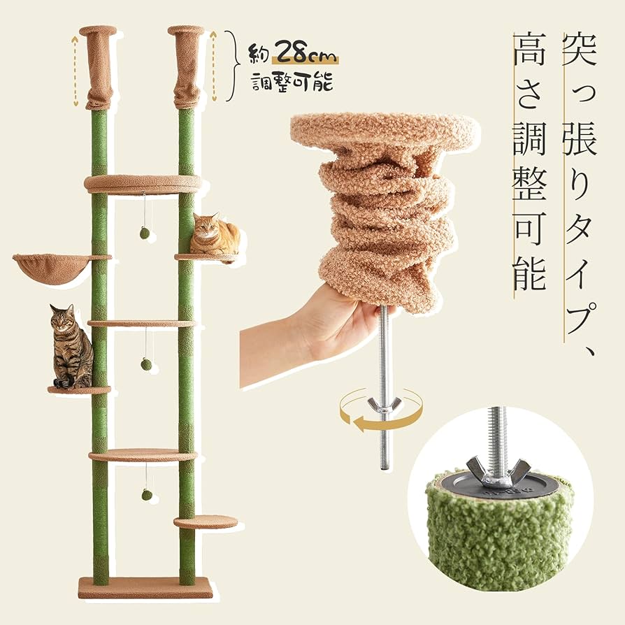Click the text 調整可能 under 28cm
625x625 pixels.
(292, 82)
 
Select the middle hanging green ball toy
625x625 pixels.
(146, 364)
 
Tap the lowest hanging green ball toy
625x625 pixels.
(146, 494)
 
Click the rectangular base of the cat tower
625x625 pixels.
(145, 587)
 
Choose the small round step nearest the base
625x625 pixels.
(205, 522)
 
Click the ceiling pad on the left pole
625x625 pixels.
(98, 31)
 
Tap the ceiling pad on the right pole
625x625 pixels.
(186, 31)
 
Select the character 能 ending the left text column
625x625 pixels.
(529, 273)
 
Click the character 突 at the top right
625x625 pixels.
(580, 48)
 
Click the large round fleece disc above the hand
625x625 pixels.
(385, 131)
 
